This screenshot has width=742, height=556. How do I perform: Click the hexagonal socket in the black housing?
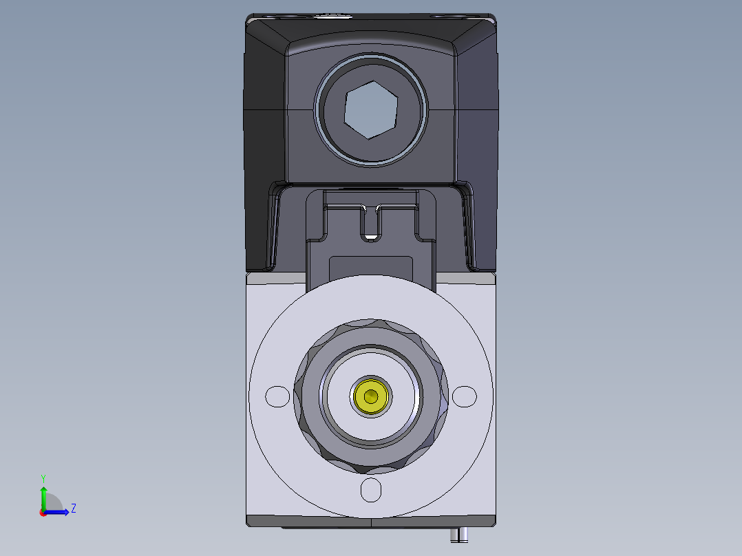point(371,110)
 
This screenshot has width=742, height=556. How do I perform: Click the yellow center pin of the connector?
point(372,396)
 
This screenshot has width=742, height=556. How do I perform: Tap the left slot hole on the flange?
point(277,396)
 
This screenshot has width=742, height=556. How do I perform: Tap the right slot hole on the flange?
point(464,396)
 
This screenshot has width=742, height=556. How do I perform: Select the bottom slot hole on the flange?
point(371,490)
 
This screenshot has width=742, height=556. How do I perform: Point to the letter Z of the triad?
point(73,509)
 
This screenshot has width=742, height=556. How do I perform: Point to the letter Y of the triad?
point(43,478)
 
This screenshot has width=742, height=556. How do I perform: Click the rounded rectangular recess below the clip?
point(371,266)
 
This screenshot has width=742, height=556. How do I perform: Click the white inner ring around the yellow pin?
point(341,396)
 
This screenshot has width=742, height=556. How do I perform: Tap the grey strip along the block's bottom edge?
point(372,521)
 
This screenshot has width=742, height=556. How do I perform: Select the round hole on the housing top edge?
point(334,14)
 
